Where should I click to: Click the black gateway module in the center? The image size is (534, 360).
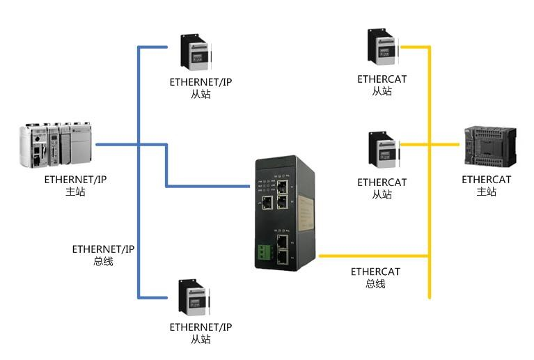[285, 212]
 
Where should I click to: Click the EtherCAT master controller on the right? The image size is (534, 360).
[490, 147]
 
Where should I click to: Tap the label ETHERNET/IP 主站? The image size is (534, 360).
[75, 185]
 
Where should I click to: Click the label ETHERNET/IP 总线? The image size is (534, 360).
[103, 255]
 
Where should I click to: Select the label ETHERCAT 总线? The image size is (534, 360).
[375, 277]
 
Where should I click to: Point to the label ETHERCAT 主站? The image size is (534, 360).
[486, 186]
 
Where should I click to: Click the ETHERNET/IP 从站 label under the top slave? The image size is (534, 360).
[201, 88]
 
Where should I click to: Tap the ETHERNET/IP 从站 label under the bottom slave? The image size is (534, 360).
[201, 333]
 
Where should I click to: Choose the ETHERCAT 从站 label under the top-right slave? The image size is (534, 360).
[382, 85]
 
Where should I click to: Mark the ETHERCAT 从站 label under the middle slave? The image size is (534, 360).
[382, 189]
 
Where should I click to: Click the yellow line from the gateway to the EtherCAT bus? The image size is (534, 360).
[372, 256]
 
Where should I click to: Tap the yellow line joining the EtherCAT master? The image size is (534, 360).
[446, 145]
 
